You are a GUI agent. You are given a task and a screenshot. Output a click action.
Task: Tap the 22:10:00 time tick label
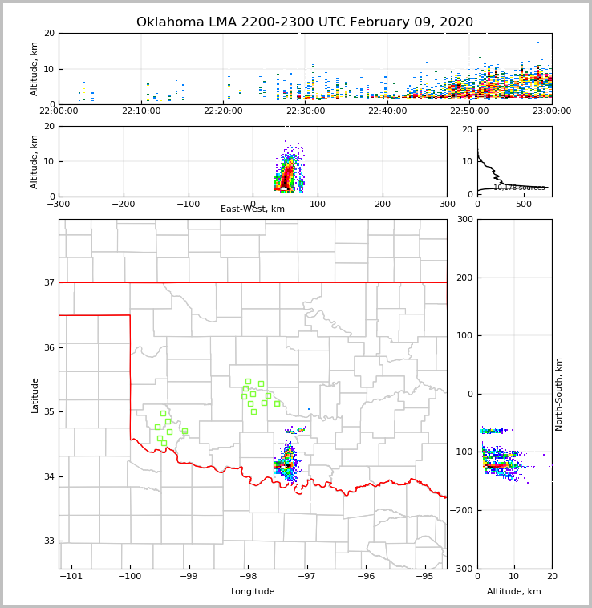coord(141,111)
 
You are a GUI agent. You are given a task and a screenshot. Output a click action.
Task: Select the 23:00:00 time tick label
coord(551,111)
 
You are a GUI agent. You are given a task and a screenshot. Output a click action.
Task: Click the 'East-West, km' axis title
coord(253,209)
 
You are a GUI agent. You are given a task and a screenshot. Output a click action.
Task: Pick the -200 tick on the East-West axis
coord(123,204)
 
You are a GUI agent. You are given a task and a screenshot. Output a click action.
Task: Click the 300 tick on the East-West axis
coord(447,204)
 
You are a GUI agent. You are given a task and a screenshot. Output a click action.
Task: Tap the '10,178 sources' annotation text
coord(519,188)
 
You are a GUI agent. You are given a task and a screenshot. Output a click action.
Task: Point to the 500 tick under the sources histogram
coord(523,204)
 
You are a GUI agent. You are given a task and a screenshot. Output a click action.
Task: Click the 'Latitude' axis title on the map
coord(34,395)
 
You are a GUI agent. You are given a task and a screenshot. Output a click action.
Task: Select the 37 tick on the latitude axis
coord(48,283)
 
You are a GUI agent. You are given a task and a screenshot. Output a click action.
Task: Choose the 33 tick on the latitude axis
coord(48,541)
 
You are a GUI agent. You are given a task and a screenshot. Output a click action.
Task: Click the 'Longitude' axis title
coord(253,592)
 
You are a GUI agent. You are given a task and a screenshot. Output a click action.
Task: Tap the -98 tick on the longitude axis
coord(247,576)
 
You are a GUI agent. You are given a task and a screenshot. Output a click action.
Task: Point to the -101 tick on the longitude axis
coord(71,576)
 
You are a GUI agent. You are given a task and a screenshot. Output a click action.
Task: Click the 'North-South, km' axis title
coord(559,394)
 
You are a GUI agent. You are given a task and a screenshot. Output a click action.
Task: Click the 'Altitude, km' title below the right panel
coord(514,592)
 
